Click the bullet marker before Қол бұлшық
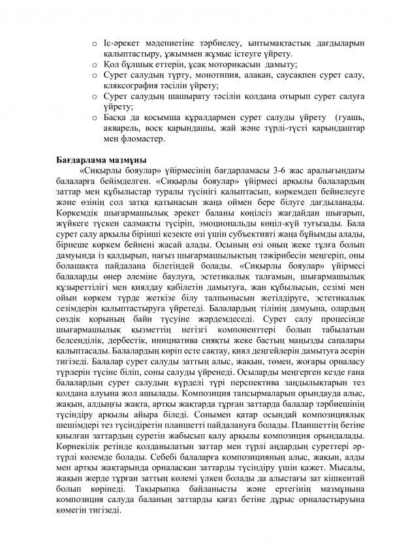pyautogui.click(x=96, y=65)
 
